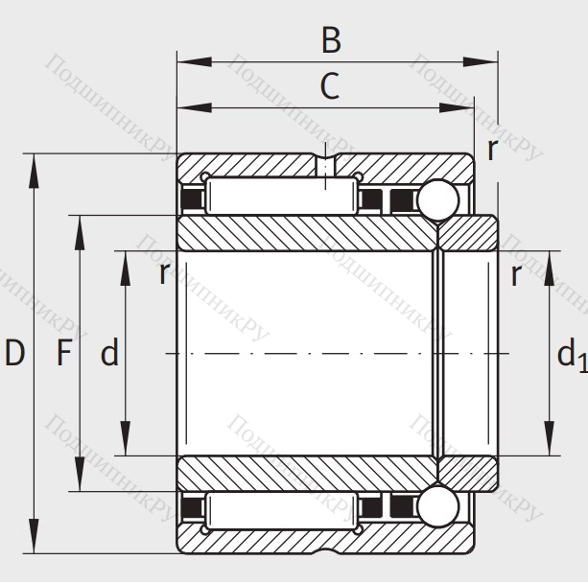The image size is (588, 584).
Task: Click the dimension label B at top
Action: pos(331,40)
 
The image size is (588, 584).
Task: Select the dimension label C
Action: pos(329,87)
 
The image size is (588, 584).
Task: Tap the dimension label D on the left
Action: pos(13,354)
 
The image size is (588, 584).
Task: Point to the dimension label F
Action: pos(63,354)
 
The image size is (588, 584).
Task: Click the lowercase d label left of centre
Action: pos(109,354)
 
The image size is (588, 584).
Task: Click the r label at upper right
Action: pos(492,149)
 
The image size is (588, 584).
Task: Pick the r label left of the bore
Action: pos(164,274)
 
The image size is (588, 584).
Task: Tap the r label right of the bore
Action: pos(516,275)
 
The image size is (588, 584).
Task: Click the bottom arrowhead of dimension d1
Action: pos(549,441)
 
